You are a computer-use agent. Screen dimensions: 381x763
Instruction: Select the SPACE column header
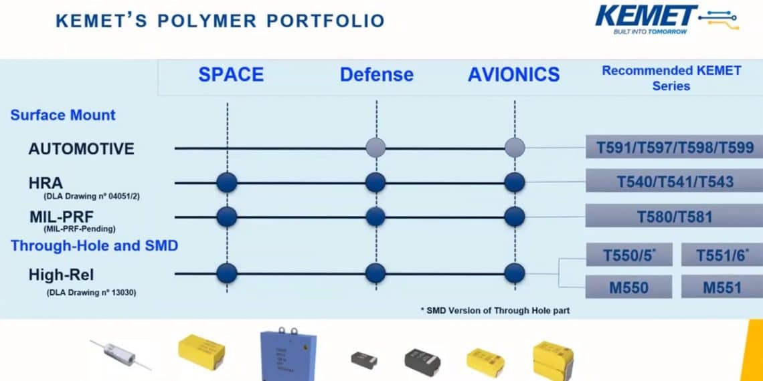[230, 74]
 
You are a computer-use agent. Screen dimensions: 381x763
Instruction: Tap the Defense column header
[376, 74]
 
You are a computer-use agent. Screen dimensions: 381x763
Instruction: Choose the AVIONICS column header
[513, 74]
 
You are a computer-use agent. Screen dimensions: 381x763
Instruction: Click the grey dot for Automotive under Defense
[376, 148]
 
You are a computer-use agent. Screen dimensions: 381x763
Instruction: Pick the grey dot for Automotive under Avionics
[514, 148]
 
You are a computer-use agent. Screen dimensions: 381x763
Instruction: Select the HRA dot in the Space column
[227, 182]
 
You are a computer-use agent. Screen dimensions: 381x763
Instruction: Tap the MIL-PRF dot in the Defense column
[375, 216]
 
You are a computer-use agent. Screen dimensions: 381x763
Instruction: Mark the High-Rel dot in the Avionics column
[514, 273]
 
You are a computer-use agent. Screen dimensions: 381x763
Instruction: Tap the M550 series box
[628, 287]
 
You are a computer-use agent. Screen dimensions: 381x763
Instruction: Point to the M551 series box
[722, 287]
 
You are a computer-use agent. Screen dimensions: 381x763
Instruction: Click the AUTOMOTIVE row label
[81, 148]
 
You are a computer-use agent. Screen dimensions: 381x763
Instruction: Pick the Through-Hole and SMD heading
[94, 245]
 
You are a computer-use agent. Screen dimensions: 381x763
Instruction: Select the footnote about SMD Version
[495, 310]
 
